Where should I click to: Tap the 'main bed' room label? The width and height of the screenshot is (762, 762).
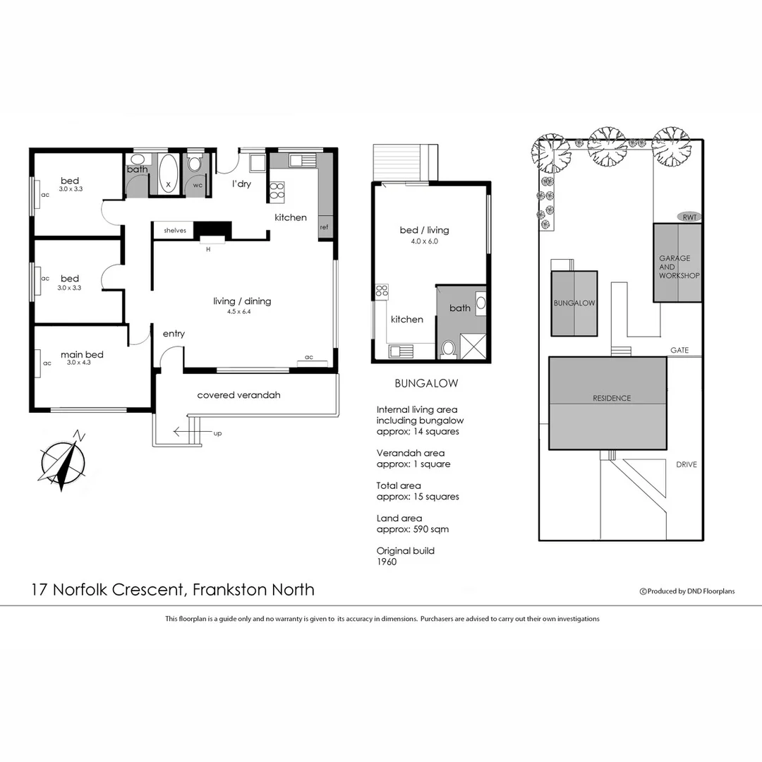click(82, 355)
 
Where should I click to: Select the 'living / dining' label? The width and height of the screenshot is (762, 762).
click(242, 301)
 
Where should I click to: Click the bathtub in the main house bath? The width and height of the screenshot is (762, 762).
click(168, 171)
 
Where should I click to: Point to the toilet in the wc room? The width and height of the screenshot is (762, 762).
click(195, 164)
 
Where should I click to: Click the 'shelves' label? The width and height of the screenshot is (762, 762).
click(174, 231)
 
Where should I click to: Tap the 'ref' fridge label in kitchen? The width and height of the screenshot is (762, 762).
click(325, 227)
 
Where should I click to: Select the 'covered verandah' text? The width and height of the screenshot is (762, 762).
click(238, 395)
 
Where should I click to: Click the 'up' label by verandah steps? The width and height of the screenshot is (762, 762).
click(217, 433)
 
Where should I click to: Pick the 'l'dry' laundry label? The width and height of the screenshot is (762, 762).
click(243, 184)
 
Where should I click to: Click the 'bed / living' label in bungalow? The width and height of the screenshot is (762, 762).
click(424, 230)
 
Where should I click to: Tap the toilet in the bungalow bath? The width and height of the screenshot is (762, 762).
click(447, 348)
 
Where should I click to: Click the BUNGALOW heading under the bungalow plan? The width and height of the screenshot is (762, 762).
click(426, 384)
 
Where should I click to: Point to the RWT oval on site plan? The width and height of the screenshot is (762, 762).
click(689, 217)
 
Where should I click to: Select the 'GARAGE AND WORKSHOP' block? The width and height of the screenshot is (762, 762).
click(678, 263)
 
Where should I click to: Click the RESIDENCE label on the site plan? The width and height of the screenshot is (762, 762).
click(611, 398)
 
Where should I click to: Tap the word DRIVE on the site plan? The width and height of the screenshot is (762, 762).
click(687, 465)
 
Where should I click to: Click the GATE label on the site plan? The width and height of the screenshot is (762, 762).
click(679, 350)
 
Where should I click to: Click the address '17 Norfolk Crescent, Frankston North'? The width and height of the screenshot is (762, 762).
click(173, 590)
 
